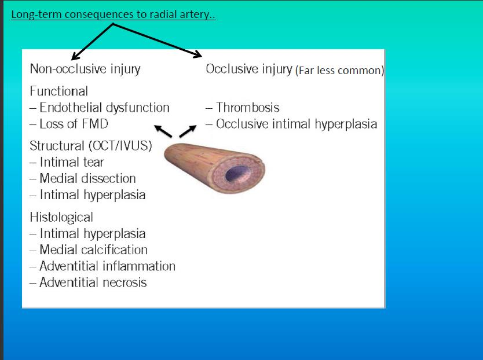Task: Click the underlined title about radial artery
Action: (114, 14)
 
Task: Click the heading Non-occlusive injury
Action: (85, 69)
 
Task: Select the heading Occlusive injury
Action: (249, 69)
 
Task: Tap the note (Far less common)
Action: (340, 71)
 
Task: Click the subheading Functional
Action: (59, 91)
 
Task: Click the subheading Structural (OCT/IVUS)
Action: (91, 146)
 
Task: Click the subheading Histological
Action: (61, 217)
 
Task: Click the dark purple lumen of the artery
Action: (238, 174)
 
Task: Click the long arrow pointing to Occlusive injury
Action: (158, 41)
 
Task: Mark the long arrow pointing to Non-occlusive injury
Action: (92, 42)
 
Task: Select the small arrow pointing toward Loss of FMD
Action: (163, 131)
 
